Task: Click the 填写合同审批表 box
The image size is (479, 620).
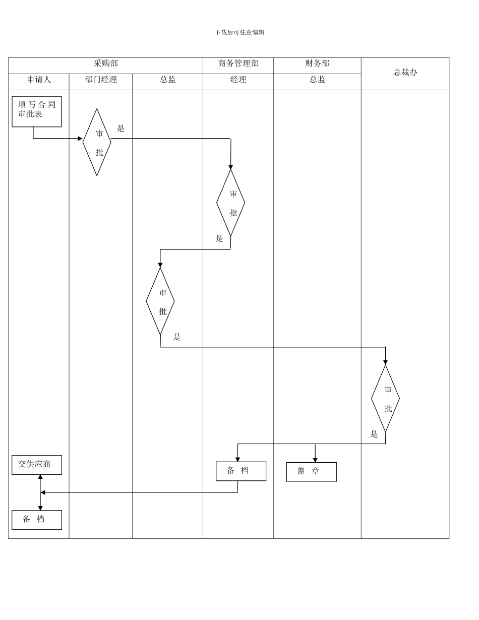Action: tap(37, 111)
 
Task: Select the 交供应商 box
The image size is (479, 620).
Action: tap(37, 465)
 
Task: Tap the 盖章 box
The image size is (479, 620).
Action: tap(311, 472)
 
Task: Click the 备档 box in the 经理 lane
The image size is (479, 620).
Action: tap(241, 471)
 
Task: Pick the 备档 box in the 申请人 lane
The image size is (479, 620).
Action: tap(37, 520)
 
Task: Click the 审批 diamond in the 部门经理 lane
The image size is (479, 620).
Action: tap(97, 142)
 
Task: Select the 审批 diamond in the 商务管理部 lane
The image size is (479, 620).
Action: tap(230, 203)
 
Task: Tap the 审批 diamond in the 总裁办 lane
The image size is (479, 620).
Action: tap(385, 398)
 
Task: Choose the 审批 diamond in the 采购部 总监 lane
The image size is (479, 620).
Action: tap(160, 301)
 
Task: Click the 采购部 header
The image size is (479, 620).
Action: tap(106, 64)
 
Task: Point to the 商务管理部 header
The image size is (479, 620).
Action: tap(238, 64)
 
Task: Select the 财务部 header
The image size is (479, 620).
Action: tap(317, 64)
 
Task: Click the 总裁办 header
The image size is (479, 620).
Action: tap(405, 72)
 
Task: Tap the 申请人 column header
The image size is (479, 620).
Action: tap(39, 80)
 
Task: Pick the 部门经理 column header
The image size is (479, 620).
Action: tap(101, 80)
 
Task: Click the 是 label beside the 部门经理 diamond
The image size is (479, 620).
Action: tap(121, 129)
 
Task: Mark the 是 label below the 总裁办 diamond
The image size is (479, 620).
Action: tap(374, 434)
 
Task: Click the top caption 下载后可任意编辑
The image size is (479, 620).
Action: tap(239, 32)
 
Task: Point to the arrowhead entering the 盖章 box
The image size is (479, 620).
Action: tap(315, 460)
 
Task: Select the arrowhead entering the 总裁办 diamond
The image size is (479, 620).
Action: tap(385, 362)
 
